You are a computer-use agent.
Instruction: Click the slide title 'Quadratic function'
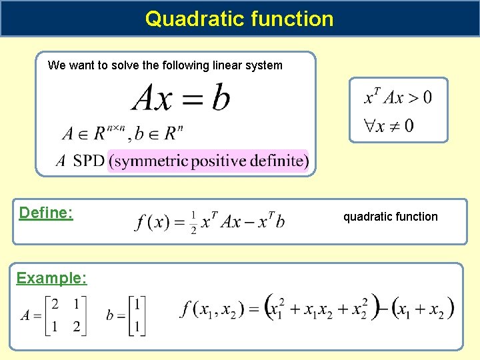point(239,18)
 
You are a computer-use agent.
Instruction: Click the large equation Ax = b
point(181,99)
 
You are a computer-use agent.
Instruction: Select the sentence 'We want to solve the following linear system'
point(165,65)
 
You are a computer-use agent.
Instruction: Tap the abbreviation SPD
point(89,161)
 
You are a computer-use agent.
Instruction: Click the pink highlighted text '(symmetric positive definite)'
point(208,161)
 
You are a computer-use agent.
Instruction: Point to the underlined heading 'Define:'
point(46,213)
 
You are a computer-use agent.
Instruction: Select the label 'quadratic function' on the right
point(390,217)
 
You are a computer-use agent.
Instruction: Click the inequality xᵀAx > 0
point(398,98)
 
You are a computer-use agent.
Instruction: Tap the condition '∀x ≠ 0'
point(388,125)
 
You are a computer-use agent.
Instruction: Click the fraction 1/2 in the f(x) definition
point(193,223)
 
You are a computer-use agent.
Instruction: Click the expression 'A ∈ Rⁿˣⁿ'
point(93,134)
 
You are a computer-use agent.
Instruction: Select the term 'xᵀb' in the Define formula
point(271,221)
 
